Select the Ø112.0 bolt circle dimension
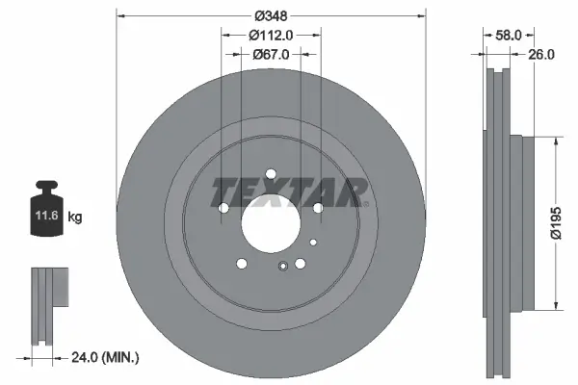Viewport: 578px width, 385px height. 270,36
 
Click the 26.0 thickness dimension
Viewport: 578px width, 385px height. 541,55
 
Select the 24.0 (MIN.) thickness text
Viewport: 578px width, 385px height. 107,357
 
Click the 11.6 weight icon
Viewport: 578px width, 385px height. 46,205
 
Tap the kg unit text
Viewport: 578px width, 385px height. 76,218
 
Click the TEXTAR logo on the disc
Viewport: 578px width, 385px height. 289,192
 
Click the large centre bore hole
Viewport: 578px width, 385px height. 270,227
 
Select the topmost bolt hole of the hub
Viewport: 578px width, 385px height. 270,174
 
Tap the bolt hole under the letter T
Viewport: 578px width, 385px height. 223,208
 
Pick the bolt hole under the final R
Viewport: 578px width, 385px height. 317,207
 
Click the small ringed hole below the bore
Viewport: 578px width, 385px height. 282,268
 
